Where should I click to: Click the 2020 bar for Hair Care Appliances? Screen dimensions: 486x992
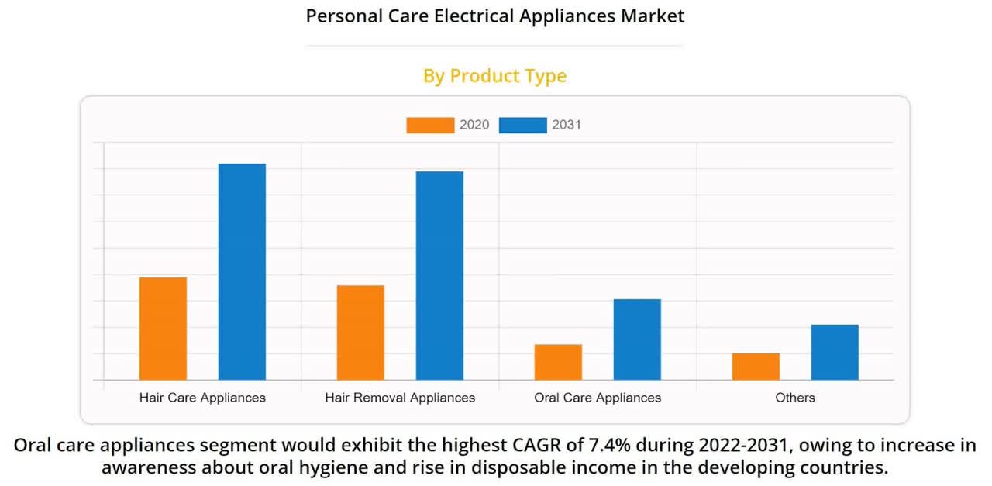click(x=163, y=329)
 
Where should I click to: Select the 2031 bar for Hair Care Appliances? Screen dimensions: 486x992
click(x=242, y=271)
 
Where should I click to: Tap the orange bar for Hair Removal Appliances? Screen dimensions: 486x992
click(x=360, y=333)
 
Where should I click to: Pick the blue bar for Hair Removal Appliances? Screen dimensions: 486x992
click(x=439, y=275)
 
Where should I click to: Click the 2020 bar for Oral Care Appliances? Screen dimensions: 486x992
click(x=558, y=362)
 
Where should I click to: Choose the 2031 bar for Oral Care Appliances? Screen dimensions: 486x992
click(x=637, y=340)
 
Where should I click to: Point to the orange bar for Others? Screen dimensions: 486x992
click(x=756, y=367)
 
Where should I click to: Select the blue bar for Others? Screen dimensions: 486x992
click(x=835, y=352)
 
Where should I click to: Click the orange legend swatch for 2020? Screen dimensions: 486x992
click(x=430, y=125)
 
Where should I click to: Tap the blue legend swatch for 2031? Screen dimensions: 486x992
click(x=522, y=125)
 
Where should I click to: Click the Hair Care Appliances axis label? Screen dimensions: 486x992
click(x=202, y=398)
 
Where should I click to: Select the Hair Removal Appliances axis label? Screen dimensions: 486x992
click(x=400, y=398)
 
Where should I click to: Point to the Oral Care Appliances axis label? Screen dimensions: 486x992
click(x=598, y=398)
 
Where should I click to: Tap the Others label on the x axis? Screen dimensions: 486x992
click(x=795, y=398)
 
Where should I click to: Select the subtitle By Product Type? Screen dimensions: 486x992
click(x=494, y=76)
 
